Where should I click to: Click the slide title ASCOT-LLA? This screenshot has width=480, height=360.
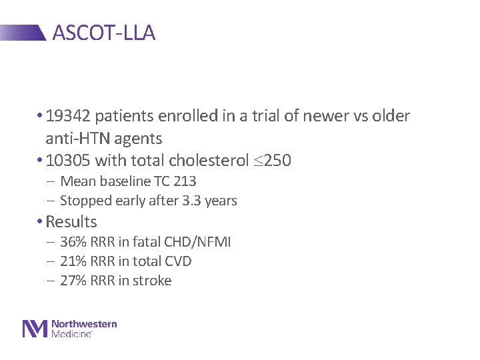(x=103, y=33)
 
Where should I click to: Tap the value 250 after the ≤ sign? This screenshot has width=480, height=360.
(x=278, y=161)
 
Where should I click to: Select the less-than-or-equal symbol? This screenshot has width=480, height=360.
(x=257, y=161)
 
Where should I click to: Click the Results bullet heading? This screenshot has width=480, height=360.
(x=71, y=222)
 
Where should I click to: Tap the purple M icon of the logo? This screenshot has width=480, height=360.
(x=35, y=329)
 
